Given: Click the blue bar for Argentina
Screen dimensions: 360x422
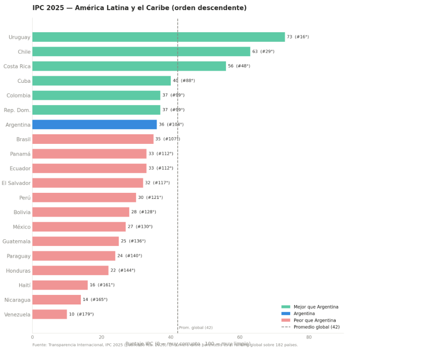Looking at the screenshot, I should coord(95,125).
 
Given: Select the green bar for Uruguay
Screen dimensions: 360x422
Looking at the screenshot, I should coord(158,37).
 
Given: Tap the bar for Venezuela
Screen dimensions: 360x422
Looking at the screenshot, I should coord(50,315).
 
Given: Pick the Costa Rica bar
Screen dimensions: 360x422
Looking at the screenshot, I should coord(129,66).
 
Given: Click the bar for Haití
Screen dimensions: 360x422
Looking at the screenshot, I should coord(60,285).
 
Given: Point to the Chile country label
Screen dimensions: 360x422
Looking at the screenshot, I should coord(24,52).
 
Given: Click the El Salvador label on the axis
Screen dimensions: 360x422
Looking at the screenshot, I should coord(16,183).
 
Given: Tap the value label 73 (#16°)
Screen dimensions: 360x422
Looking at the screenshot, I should coord(298,37).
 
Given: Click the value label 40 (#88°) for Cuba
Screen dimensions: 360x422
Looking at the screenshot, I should coord(183,81).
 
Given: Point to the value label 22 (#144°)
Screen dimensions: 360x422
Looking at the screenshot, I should coord(123,271).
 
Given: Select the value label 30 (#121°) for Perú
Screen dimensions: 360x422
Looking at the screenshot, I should coord(150,197).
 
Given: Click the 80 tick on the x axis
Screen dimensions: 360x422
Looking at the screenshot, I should coord(309,337).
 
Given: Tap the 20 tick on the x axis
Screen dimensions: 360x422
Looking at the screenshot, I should coord(102,337).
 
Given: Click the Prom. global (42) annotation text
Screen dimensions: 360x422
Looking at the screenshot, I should coord(196,328).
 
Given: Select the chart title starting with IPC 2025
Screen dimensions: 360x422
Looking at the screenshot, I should coord(139,8).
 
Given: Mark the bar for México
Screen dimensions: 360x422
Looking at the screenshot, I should coord(79,227).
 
